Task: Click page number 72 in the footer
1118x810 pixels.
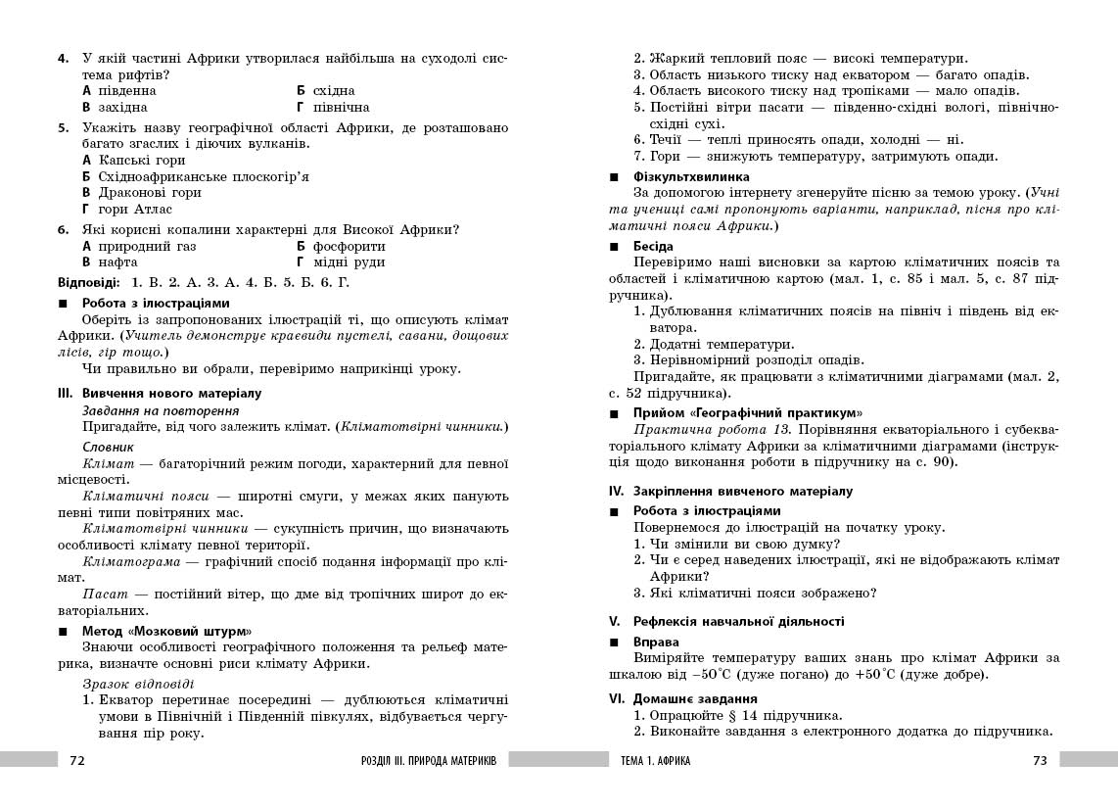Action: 78,760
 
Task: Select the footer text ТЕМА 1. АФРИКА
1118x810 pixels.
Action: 656,761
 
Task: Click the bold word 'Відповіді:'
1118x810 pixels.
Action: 89,282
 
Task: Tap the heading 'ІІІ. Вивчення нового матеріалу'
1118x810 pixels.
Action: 160,393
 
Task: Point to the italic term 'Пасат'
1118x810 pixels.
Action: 102,595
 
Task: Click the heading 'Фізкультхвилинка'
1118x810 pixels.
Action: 691,177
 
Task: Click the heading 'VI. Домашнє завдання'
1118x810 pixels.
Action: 682,699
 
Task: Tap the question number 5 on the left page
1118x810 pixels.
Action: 62,127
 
